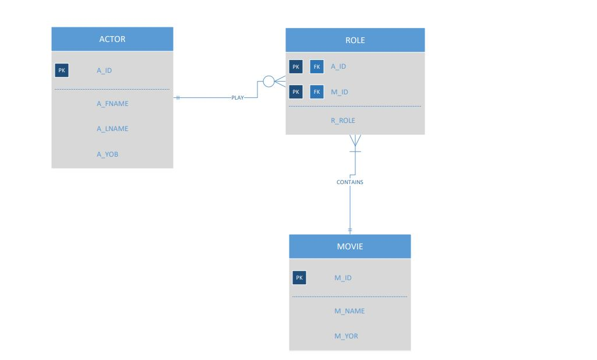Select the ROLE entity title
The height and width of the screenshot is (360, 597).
point(355,41)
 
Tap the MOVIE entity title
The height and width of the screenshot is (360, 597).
point(350,246)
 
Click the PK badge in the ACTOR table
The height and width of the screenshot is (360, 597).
point(62,70)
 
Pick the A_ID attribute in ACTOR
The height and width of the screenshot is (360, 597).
point(104,70)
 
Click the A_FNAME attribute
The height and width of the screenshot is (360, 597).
point(112,104)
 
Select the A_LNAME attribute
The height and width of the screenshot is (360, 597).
point(112,129)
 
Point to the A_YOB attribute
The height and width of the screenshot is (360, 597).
point(108,154)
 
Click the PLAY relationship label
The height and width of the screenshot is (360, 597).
point(237,98)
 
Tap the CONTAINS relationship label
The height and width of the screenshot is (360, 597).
point(350,182)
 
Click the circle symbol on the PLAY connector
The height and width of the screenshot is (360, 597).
point(269,82)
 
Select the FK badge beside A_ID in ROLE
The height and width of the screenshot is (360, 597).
point(316,66)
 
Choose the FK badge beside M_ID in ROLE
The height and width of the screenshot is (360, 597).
point(316,91)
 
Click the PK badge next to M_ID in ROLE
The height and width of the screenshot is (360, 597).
point(296,91)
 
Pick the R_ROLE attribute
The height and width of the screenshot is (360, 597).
point(343,121)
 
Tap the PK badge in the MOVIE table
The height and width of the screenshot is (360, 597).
point(298,278)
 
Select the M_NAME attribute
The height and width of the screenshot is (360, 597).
point(349,311)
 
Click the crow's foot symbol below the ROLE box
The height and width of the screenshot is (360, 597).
point(355,140)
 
